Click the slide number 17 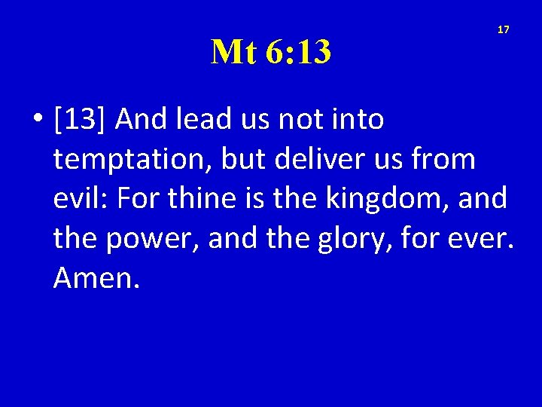(504, 29)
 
